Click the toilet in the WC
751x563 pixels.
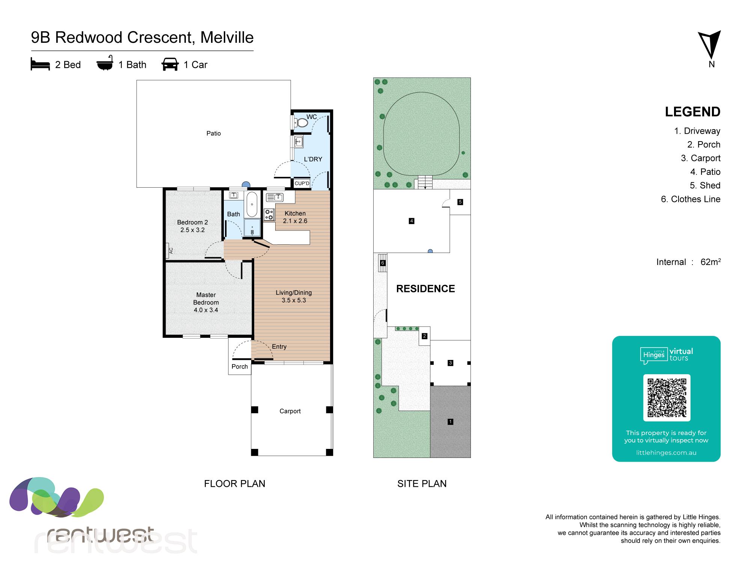tap(301, 122)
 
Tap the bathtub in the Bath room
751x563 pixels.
tap(252, 205)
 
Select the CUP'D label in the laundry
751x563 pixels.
tap(302, 184)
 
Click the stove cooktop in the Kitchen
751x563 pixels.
tap(269, 214)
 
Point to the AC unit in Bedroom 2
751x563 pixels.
tap(171, 250)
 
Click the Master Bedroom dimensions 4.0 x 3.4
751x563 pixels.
tap(206, 310)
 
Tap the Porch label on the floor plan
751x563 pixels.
tap(240, 367)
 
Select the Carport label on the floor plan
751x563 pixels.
tap(290, 411)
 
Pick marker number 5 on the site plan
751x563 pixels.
tap(460, 202)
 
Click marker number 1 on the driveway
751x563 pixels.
tap(450, 422)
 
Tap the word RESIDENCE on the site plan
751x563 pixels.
tap(425, 289)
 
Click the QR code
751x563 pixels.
tap(667, 398)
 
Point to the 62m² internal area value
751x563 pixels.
tap(710, 262)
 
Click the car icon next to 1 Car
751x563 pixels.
tap(170, 64)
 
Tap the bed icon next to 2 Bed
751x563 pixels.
tap(40, 65)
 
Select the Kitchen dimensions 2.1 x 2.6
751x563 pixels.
tap(295, 221)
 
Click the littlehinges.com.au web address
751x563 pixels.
tap(666, 453)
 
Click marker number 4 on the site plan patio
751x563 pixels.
tap(412, 221)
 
